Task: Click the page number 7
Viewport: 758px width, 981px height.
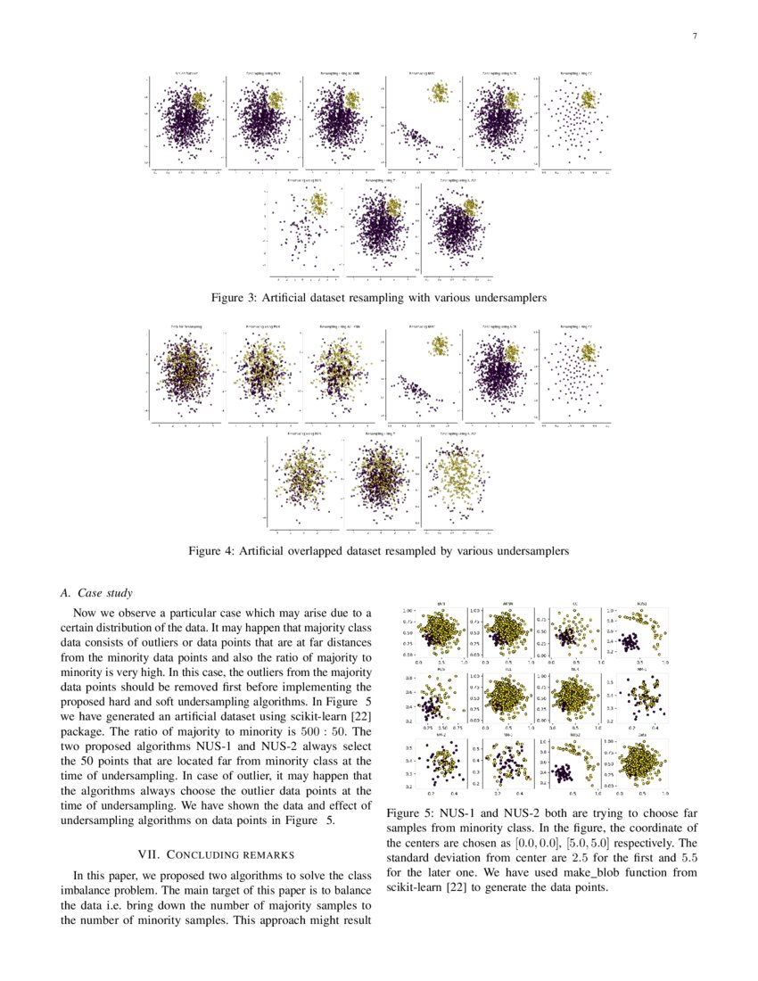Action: [694, 37]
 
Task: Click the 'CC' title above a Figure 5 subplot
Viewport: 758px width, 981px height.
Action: [575, 604]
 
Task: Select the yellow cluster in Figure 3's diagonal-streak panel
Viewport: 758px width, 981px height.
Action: [439, 91]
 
